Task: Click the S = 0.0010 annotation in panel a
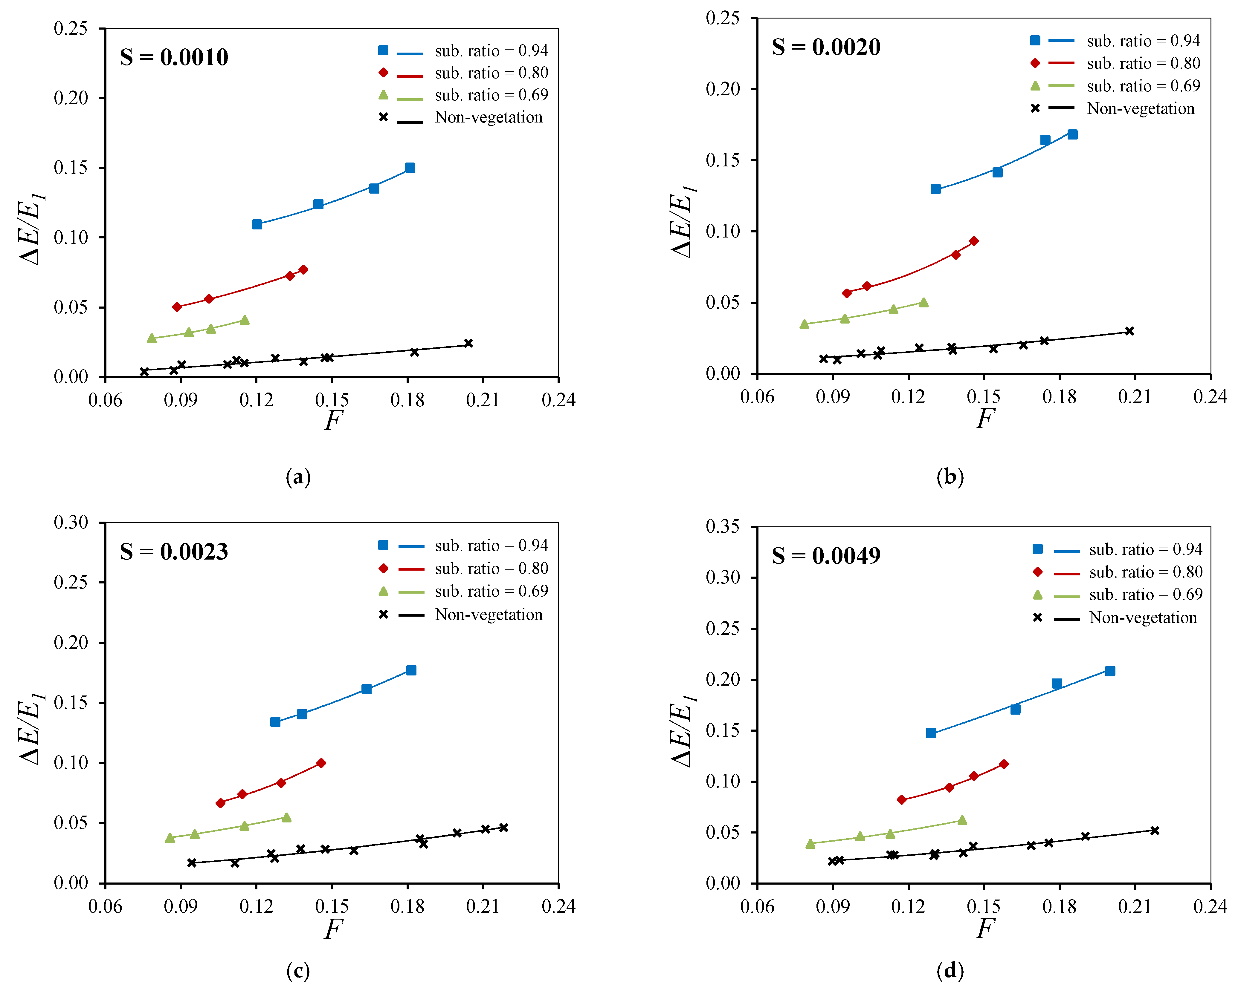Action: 174,57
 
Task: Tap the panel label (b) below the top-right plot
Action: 950,477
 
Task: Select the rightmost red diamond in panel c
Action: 321,763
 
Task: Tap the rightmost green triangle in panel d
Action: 962,820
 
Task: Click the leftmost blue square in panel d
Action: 931,733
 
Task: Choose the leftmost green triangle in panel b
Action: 805,324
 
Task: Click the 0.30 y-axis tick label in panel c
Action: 71,522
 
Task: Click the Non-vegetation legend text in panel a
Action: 489,117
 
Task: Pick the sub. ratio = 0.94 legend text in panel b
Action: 1144,41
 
